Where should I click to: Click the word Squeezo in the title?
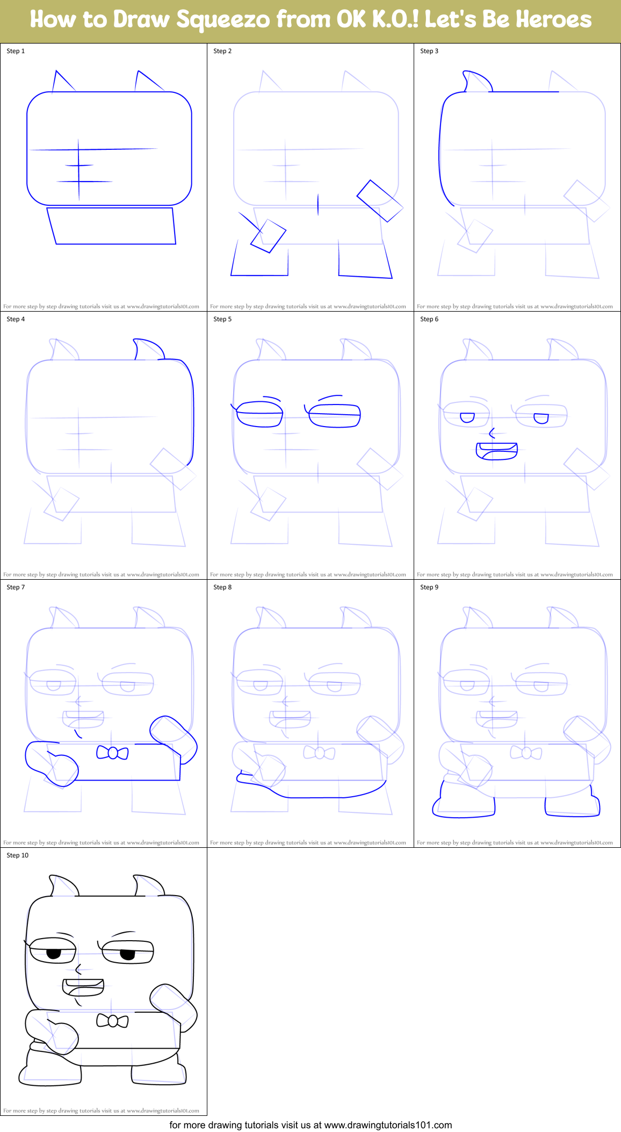(223, 20)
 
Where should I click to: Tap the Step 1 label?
(16, 51)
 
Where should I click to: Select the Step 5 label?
(222, 319)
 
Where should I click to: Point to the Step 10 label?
(18, 855)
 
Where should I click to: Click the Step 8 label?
(222, 587)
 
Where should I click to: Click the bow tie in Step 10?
(112, 1021)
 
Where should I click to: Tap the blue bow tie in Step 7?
(112, 753)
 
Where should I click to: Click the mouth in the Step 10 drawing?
(83, 986)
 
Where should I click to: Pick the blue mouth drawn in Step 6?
(497, 451)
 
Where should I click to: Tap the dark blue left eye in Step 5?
(259, 414)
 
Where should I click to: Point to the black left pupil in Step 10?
(54, 954)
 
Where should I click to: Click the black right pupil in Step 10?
(127, 955)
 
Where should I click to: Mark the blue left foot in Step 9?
(463, 805)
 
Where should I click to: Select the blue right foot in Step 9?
(573, 806)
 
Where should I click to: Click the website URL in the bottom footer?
(388, 1125)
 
